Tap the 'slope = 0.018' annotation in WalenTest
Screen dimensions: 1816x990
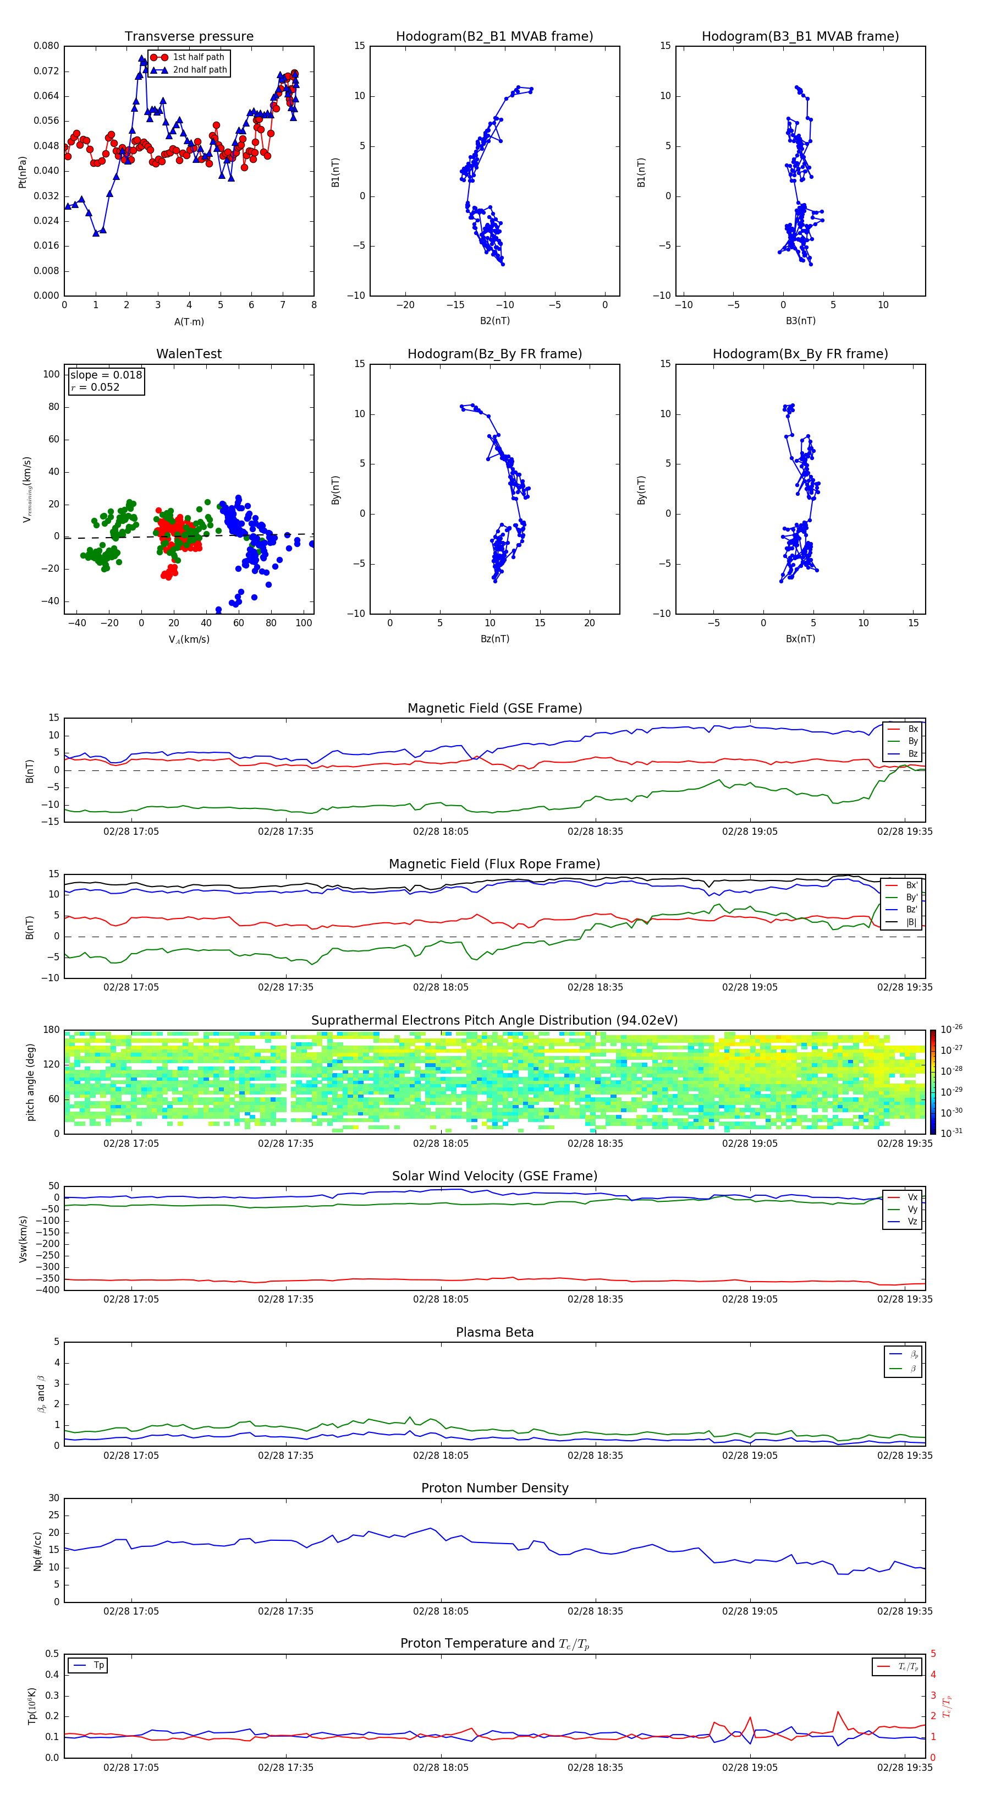coord(106,375)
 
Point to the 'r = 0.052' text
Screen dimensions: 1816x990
coord(95,387)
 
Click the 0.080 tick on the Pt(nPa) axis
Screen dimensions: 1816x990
coord(47,46)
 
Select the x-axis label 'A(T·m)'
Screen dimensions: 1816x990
coord(189,321)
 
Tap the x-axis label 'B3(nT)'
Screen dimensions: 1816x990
coord(800,321)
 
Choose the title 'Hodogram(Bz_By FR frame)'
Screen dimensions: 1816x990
coord(494,354)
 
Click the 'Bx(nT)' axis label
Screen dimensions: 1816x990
coord(800,639)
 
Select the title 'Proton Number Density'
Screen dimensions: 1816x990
coord(494,1487)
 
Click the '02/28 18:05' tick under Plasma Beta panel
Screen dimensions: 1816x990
coord(441,1455)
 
